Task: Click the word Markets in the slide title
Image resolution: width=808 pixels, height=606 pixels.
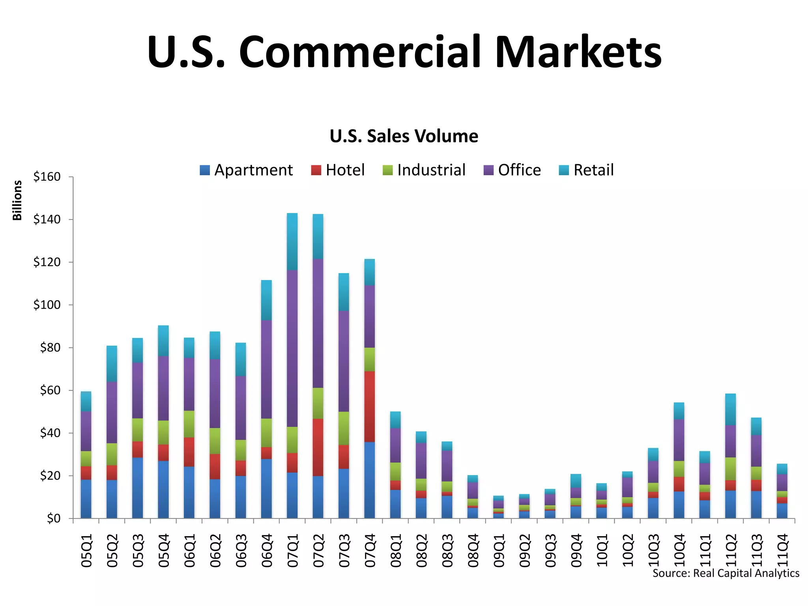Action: click(578, 52)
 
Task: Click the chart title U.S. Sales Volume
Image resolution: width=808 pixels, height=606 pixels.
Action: click(404, 136)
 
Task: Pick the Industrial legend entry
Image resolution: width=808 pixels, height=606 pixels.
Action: click(424, 170)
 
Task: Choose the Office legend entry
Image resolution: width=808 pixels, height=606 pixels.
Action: click(512, 170)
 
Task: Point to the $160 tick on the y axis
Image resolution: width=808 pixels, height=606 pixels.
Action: click(47, 177)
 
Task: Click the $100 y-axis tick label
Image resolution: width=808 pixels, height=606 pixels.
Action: click(47, 305)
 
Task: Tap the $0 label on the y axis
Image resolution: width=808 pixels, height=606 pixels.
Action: click(54, 518)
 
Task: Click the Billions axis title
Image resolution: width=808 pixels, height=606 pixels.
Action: click(17, 200)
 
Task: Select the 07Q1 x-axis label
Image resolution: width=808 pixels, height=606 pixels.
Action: click(292, 550)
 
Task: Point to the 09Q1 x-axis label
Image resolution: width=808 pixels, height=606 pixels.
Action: click(499, 550)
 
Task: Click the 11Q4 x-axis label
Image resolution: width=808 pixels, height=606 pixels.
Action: click(782, 550)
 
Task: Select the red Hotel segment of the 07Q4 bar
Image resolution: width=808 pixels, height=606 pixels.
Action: click(370, 406)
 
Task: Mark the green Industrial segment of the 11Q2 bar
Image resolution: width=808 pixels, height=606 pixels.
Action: click(730, 469)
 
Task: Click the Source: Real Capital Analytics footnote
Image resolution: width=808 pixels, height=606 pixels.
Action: click(726, 573)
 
